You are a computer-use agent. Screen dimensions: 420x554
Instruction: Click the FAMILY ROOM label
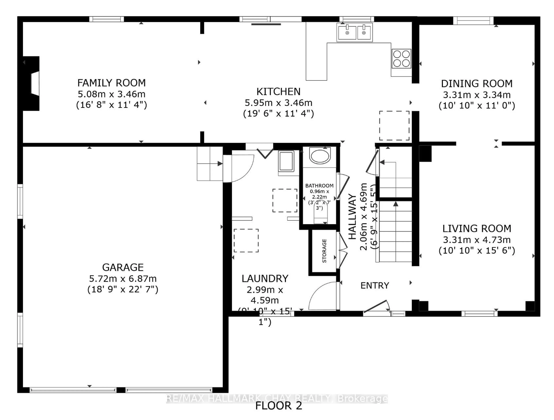(x=112, y=83)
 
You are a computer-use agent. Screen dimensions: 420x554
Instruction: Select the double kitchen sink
(x=355, y=32)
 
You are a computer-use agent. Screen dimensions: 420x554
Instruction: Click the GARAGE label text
(x=123, y=268)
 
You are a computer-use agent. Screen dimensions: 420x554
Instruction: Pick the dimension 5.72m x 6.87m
(x=123, y=279)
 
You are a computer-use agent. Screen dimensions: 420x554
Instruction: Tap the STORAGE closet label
(x=324, y=251)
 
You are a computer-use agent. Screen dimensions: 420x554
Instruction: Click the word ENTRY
(x=375, y=286)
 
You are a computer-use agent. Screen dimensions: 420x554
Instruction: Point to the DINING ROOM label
(x=477, y=84)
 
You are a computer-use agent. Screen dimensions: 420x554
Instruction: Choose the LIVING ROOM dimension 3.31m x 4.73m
(x=477, y=240)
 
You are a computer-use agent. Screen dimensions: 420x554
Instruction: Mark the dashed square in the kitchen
(x=394, y=125)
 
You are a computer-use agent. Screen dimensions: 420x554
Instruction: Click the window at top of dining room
(x=473, y=21)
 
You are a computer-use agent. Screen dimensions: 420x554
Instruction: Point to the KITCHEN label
(x=278, y=92)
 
